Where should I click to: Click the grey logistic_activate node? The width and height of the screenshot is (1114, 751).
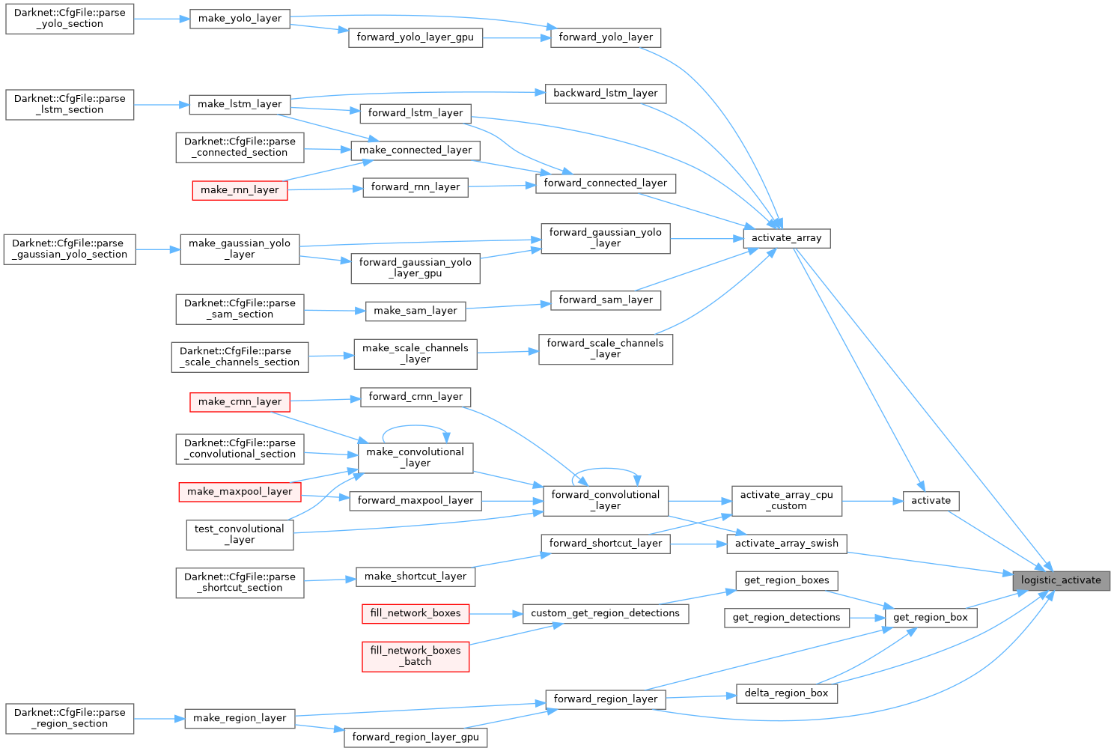pyautogui.click(x=1061, y=580)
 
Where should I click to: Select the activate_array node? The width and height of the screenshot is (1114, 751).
pyautogui.click(x=786, y=238)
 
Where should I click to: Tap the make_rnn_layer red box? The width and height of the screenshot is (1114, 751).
pyautogui.click(x=240, y=190)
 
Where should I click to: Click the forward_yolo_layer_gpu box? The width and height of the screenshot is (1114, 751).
pyautogui.click(x=415, y=37)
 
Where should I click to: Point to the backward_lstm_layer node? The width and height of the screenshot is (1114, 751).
pyautogui.click(x=605, y=94)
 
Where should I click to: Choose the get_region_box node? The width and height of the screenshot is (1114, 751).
pyautogui.click(x=930, y=618)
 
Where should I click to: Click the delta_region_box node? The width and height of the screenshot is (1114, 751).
pyautogui.click(x=786, y=693)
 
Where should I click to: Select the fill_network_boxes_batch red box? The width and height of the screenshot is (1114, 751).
pyautogui.click(x=416, y=656)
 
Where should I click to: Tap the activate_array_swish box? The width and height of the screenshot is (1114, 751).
pyautogui.click(x=786, y=544)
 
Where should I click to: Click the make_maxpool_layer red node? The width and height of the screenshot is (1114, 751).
pyautogui.click(x=240, y=492)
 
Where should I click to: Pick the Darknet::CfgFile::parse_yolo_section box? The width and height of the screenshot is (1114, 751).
pyautogui.click(x=70, y=19)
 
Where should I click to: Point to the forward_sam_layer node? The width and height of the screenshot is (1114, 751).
pyautogui.click(x=605, y=300)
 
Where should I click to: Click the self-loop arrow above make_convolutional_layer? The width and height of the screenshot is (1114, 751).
pyautogui.click(x=416, y=428)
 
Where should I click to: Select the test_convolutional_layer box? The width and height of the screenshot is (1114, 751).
pyautogui.click(x=240, y=535)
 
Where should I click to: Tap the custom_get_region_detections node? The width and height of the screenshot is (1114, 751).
pyautogui.click(x=605, y=613)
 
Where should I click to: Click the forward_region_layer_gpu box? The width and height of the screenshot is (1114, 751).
pyautogui.click(x=416, y=738)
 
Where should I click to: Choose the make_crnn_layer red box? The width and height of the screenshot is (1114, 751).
pyautogui.click(x=240, y=402)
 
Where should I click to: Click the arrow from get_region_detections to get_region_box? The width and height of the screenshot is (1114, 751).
pyautogui.click(x=867, y=618)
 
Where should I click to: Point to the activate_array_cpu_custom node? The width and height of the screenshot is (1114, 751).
pyautogui.click(x=786, y=501)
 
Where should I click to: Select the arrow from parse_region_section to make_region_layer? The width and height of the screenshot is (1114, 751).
pyautogui.click(x=159, y=719)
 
